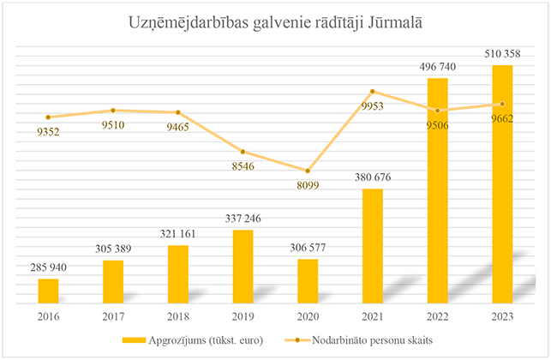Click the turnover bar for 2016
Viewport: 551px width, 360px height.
tap(49, 290)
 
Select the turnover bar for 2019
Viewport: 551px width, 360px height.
tap(243, 266)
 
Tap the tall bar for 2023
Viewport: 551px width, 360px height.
tap(503, 183)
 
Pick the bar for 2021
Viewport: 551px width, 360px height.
tap(373, 245)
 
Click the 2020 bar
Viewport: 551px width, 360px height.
tap(308, 280)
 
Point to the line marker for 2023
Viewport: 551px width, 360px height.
tap(503, 104)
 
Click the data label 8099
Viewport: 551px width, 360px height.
tap(308, 184)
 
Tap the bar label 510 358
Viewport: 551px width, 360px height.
tap(503, 53)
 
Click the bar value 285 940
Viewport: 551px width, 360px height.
tap(49, 267)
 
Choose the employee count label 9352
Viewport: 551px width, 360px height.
tap(49, 132)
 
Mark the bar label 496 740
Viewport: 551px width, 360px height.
tap(438, 66)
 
